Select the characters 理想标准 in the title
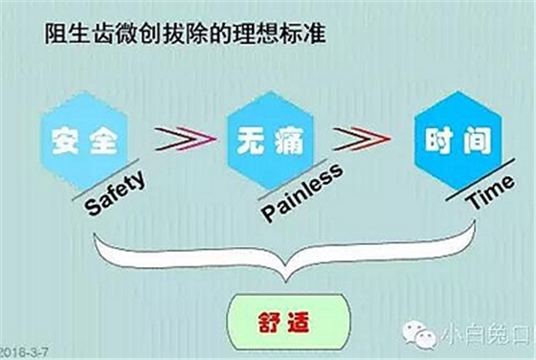[285, 36]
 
